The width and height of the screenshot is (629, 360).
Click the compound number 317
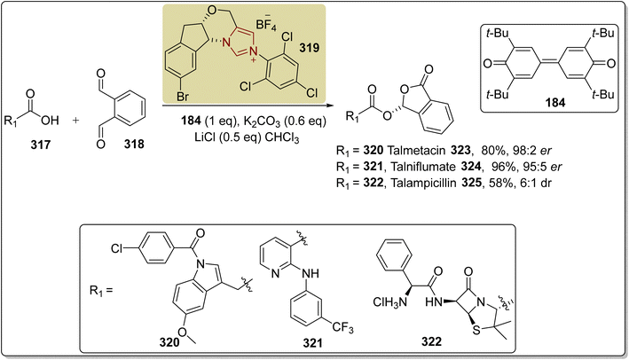(x=41, y=144)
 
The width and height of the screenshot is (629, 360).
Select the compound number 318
(x=134, y=144)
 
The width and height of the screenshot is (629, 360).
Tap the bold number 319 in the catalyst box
(x=310, y=48)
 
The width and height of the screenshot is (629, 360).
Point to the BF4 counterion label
(x=266, y=24)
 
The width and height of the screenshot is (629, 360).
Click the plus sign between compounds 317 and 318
(x=75, y=120)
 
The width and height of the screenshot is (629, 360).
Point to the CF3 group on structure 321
(x=342, y=329)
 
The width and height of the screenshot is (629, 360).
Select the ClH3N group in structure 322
(x=389, y=301)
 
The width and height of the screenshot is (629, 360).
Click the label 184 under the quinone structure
(x=555, y=103)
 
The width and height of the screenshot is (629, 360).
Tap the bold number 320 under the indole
(x=169, y=342)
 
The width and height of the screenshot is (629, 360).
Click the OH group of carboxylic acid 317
(x=51, y=120)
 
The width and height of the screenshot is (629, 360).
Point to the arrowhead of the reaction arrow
(x=330, y=106)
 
